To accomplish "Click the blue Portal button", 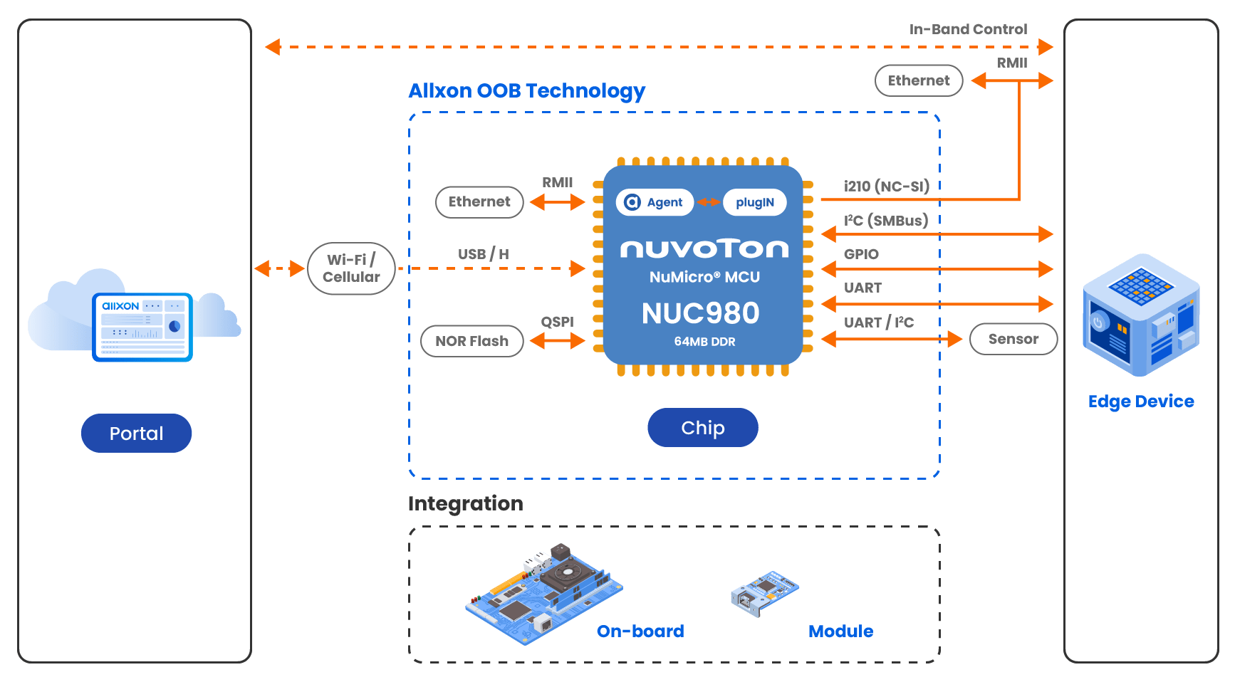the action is (136, 433).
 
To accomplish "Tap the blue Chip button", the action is (703, 427).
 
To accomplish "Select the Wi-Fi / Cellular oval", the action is (351, 268).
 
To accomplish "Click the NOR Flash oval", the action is (472, 341).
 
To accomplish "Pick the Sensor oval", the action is (1013, 339).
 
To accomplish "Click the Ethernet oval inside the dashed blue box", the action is (479, 202).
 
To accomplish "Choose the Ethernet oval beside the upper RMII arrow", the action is (919, 80).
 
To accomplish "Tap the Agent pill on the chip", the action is (655, 202).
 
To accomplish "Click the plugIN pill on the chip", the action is (755, 202).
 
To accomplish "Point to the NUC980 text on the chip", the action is (701, 313).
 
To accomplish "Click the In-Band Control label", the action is (968, 29).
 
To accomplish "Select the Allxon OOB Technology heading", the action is (526, 91).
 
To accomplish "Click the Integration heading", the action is (466, 503).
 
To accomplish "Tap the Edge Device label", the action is (1141, 402).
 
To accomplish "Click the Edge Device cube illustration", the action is (1141, 315).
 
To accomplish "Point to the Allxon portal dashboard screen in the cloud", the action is (142, 327).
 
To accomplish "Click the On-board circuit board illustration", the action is (544, 594).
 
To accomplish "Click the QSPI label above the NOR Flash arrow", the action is (557, 322).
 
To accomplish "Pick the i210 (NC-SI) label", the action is (887, 187).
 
